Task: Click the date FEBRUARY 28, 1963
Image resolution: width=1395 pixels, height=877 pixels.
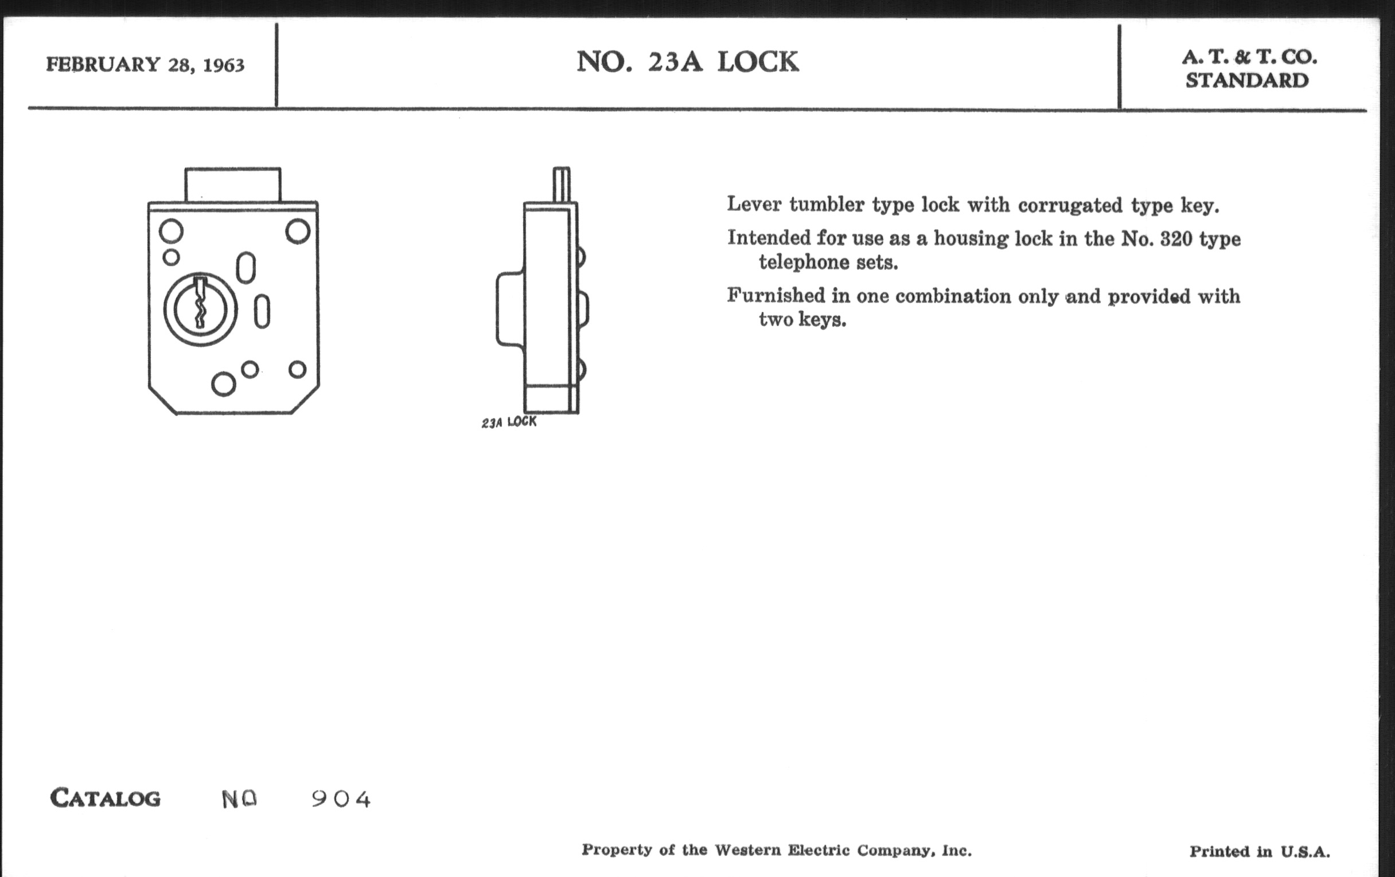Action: [146, 64]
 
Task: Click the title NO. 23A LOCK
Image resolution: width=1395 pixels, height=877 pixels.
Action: [688, 62]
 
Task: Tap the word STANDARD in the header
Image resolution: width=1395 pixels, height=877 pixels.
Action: [1246, 80]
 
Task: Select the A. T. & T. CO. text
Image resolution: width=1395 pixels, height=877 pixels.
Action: [1249, 57]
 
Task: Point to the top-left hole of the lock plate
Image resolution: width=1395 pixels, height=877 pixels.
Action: [171, 232]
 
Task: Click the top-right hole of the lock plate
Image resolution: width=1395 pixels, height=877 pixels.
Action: [298, 232]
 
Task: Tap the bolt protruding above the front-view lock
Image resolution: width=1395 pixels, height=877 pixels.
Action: [233, 185]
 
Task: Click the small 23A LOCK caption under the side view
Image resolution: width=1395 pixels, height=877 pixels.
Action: [509, 422]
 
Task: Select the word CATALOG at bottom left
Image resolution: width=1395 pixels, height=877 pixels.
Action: [106, 798]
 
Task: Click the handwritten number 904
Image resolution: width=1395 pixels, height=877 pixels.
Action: [341, 800]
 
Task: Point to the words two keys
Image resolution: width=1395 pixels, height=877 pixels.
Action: [802, 319]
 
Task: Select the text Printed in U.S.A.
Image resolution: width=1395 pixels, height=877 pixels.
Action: [1260, 852]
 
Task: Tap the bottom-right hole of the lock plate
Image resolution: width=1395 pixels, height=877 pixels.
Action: [297, 369]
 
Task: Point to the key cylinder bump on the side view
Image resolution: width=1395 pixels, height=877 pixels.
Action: [510, 309]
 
